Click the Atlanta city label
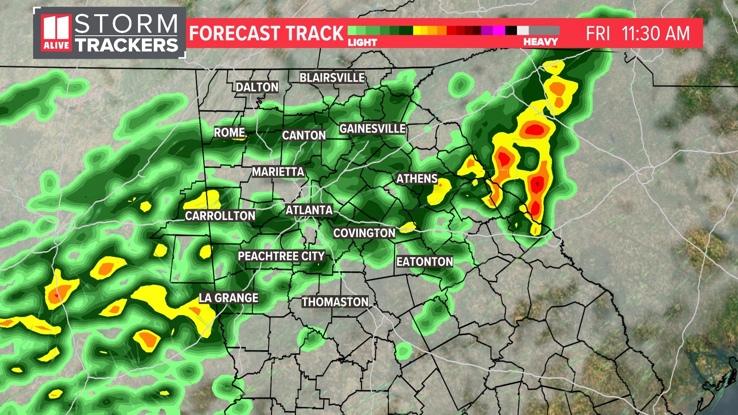[309, 210]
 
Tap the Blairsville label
[332, 78]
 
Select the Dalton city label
[257, 87]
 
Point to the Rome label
[229, 133]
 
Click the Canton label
[304, 135]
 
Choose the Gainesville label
[372, 128]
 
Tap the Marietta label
[278, 172]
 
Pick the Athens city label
[417, 179]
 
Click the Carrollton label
[220, 216]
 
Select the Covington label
[364, 233]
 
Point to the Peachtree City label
[281, 256]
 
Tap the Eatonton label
[425, 262]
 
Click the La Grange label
[228, 298]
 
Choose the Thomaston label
[335, 302]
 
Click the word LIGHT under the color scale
[362, 42]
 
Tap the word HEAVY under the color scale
[540, 42]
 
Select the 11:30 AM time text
[656, 33]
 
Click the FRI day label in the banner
[598, 33]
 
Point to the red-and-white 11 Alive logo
[57, 33]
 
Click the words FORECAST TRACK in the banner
[266, 33]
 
